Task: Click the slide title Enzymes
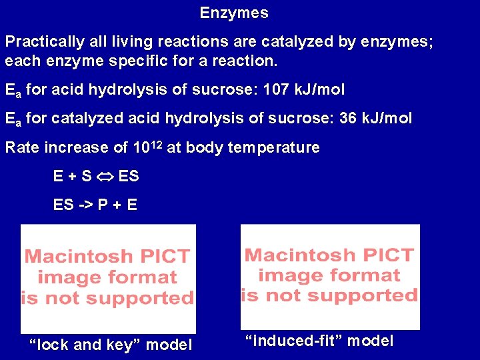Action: pyautogui.click(x=234, y=13)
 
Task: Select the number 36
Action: pyautogui.click(x=347, y=119)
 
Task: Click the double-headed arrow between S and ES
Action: pyautogui.click(x=105, y=177)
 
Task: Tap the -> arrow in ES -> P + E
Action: pyautogui.click(x=85, y=205)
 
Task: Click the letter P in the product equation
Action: pyautogui.click(x=103, y=205)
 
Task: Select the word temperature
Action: pyautogui.click(x=273, y=147)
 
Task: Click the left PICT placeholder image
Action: pyautogui.click(x=108, y=278)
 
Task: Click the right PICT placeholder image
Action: pyautogui.click(x=330, y=276)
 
